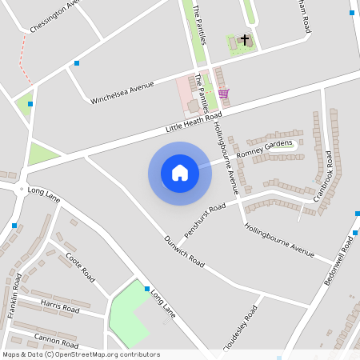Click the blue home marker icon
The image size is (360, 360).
coord(180,174)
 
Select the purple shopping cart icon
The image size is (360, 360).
coord(223,93)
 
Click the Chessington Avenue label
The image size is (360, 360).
coord(56,16)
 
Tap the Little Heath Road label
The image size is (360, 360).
coord(193,122)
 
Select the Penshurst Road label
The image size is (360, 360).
coord(206,211)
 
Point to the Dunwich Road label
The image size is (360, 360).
coord(184,250)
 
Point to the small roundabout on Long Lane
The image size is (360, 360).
coord(20,189)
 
